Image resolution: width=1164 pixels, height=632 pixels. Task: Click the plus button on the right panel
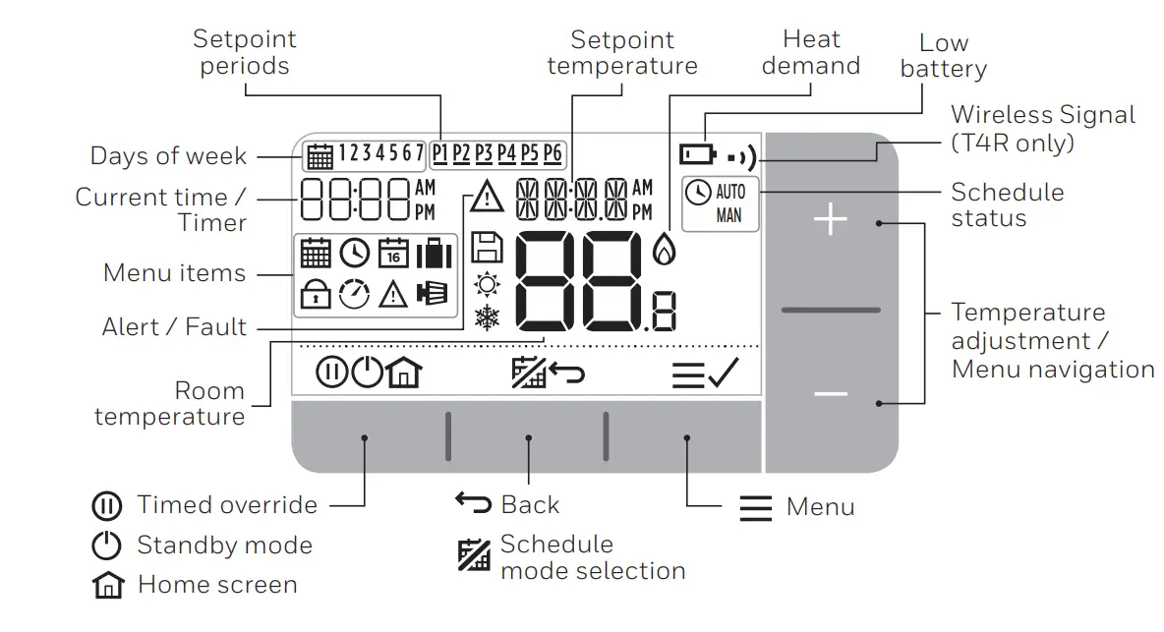[x=831, y=221]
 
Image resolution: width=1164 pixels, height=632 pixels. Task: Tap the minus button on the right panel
[x=831, y=395]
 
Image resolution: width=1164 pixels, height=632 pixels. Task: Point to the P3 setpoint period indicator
[x=484, y=153]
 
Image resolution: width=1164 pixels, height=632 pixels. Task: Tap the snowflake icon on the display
[x=486, y=317]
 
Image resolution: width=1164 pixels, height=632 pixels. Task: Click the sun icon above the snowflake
[x=486, y=284]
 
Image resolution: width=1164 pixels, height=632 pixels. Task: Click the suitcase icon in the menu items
[x=433, y=254]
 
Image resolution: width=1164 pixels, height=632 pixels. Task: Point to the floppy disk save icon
[x=486, y=247]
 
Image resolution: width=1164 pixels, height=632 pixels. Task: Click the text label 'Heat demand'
[x=811, y=53]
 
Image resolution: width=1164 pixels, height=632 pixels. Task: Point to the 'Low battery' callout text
[x=943, y=56]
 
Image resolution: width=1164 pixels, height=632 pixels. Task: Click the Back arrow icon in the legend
[x=473, y=502]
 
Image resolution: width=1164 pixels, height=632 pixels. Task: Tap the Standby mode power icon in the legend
[x=106, y=546]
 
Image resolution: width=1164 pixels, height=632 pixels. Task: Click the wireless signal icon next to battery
[x=743, y=156]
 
